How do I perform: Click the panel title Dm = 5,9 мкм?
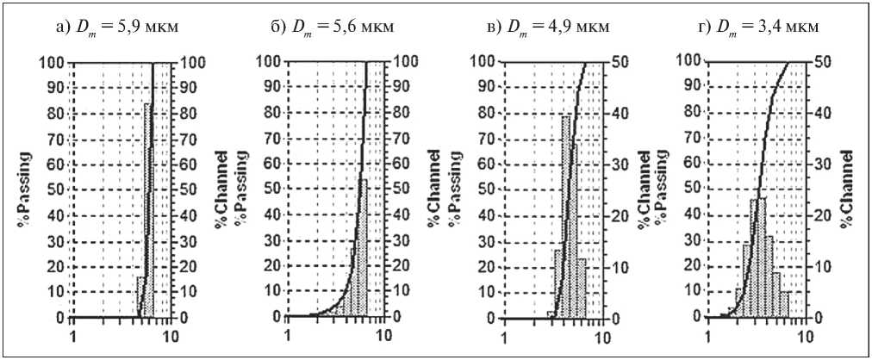[x=123, y=27]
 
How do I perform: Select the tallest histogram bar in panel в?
[x=567, y=215]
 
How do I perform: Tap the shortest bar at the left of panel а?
[x=140, y=296]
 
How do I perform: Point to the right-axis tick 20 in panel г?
[x=821, y=215]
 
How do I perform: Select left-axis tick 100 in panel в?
[x=485, y=61]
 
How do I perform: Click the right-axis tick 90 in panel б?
[x=402, y=87]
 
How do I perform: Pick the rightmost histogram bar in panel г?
[x=784, y=304]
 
